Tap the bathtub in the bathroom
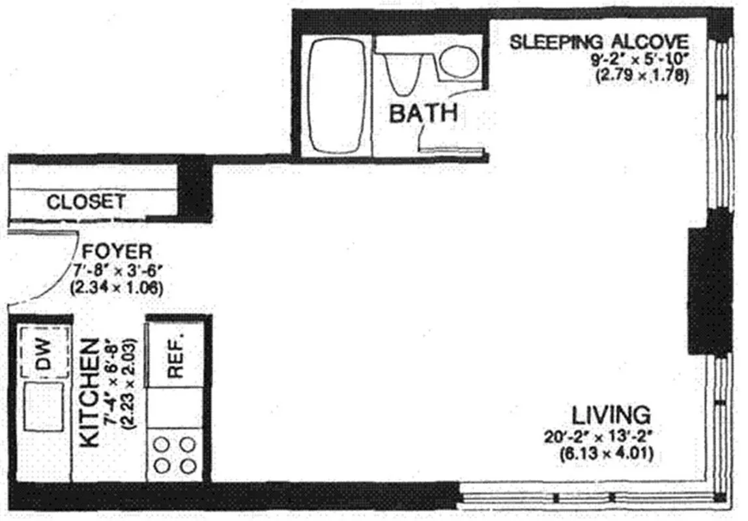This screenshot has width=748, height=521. [x=336, y=96]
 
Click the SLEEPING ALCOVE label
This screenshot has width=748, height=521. [x=598, y=42]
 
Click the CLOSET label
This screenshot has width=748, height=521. [x=85, y=202]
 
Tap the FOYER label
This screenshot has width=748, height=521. [x=117, y=251]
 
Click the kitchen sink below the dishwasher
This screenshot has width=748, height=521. [x=44, y=406]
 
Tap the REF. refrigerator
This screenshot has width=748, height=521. [x=176, y=356]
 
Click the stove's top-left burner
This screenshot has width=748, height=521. [x=163, y=445]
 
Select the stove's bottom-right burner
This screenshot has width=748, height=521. [x=188, y=466]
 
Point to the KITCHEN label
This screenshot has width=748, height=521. [x=91, y=392]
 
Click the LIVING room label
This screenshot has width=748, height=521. [x=611, y=414]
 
